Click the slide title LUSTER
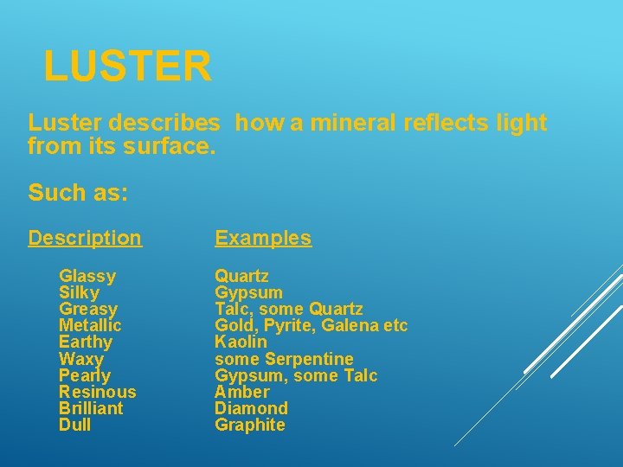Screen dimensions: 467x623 (x=127, y=67)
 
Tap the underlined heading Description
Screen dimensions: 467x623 (x=85, y=238)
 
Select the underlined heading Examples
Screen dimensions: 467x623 (x=263, y=238)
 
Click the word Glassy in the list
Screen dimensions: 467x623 (x=87, y=277)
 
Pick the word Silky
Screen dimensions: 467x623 (x=80, y=293)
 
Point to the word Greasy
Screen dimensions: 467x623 (x=88, y=310)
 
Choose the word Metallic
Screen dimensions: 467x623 (x=90, y=325)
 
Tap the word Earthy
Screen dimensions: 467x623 (x=86, y=342)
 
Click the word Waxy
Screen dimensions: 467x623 (x=81, y=359)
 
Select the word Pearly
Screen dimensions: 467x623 (x=85, y=375)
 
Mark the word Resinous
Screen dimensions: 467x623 (x=98, y=392)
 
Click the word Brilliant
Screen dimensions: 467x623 (x=91, y=408)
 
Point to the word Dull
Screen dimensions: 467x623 (x=74, y=425)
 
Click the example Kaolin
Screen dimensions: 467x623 (x=241, y=342)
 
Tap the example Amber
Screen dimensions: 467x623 (x=242, y=392)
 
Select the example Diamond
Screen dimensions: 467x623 (x=251, y=408)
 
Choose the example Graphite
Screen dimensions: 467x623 (x=250, y=425)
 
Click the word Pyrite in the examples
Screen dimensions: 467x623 (x=284, y=326)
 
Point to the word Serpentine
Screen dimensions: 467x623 (x=309, y=359)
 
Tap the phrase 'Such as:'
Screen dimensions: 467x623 (x=78, y=192)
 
